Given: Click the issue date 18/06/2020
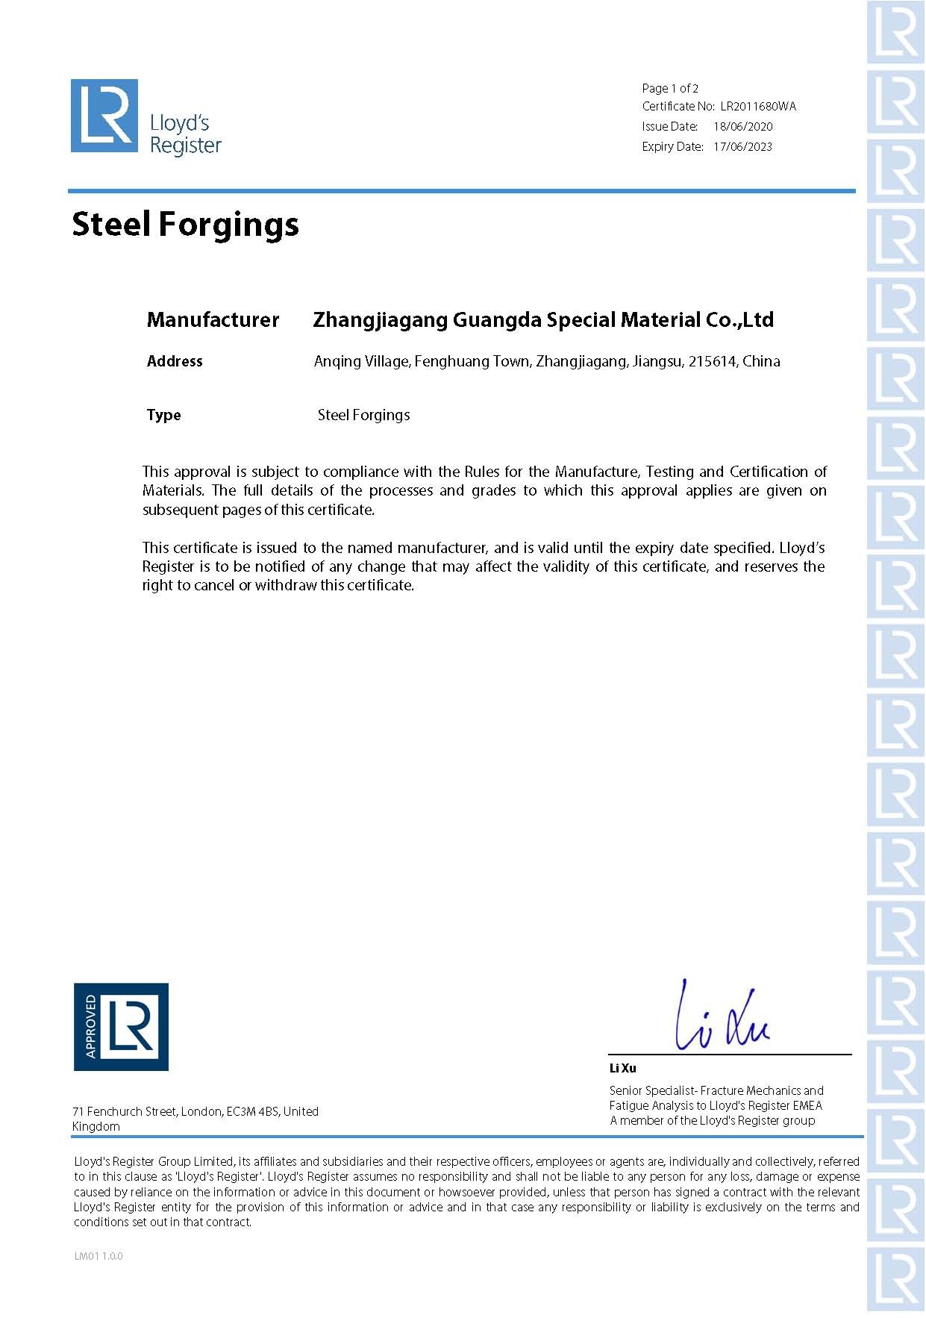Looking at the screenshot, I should click(x=742, y=127).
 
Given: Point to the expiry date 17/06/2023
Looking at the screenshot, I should click(x=742, y=147).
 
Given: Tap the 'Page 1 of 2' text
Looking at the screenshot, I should click(x=670, y=88).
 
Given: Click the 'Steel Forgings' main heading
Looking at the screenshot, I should click(x=185, y=225).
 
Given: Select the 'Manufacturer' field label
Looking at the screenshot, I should click(x=213, y=320).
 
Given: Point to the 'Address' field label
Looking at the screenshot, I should click(x=175, y=361).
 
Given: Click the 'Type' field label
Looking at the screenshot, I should click(x=163, y=416).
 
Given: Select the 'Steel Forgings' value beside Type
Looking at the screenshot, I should click(x=363, y=416).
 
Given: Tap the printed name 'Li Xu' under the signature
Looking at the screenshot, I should click(x=622, y=1068).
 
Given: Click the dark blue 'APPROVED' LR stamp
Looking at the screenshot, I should click(x=121, y=1027).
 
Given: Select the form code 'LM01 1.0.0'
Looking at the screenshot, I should click(x=98, y=1256).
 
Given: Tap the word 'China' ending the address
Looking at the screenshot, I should click(x=761, y=362).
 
